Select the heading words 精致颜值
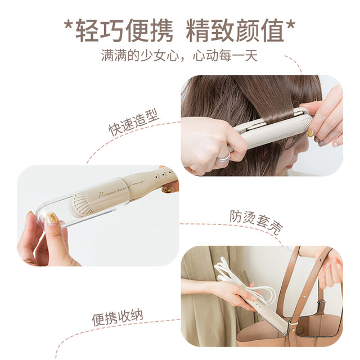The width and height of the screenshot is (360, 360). click(x=237, y=31)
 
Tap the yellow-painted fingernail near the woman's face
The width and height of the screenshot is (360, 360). click(x=311, y=133)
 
